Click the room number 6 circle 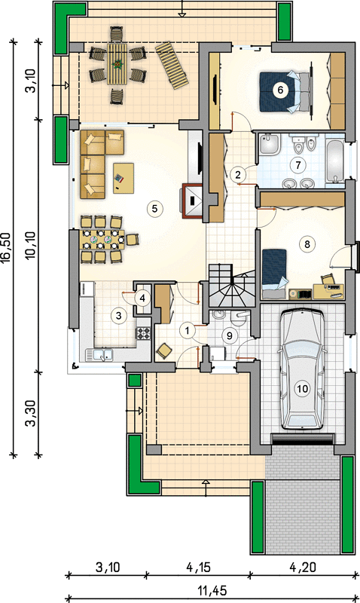tap(280, 90)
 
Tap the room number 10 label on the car tap(302, 388)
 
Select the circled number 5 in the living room tap(154, 209)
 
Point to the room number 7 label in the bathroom tap(297, 165)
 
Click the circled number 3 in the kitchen tap(119, 316)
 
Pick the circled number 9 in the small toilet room tap(230, 335)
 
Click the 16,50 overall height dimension tap(7, 248)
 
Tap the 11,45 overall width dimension tap(212, 590)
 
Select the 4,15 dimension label tap(198, 567)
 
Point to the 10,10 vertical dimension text tap(32, 245)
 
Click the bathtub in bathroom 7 tap(335, 161)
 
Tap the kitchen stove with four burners tap(144, 333)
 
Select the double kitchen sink tap(99, 355)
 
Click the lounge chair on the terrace tap(172, 66)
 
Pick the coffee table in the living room tap(124, 178)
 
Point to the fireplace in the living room tap(192, 201)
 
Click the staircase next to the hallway tap(231, 286)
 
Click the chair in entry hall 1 tap(164, 351)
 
